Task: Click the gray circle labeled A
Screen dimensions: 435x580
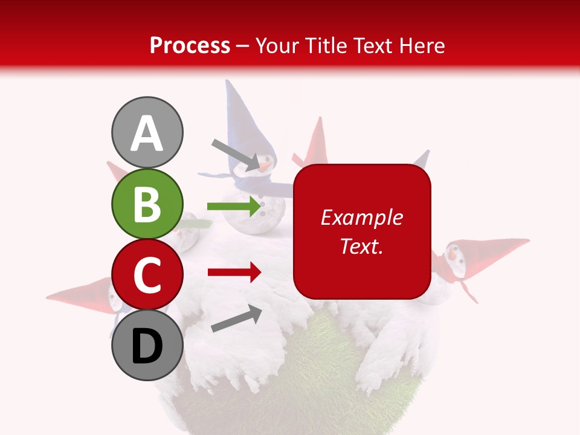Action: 147,132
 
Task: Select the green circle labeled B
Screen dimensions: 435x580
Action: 147,204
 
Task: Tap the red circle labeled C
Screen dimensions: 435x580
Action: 147,274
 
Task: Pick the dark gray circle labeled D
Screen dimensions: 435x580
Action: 147,346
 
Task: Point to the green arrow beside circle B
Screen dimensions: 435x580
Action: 233,207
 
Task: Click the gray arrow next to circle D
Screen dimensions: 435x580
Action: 236,318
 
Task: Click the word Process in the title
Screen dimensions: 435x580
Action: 190,46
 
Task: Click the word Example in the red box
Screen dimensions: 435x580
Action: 361,217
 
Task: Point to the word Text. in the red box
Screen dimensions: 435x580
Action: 361,246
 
